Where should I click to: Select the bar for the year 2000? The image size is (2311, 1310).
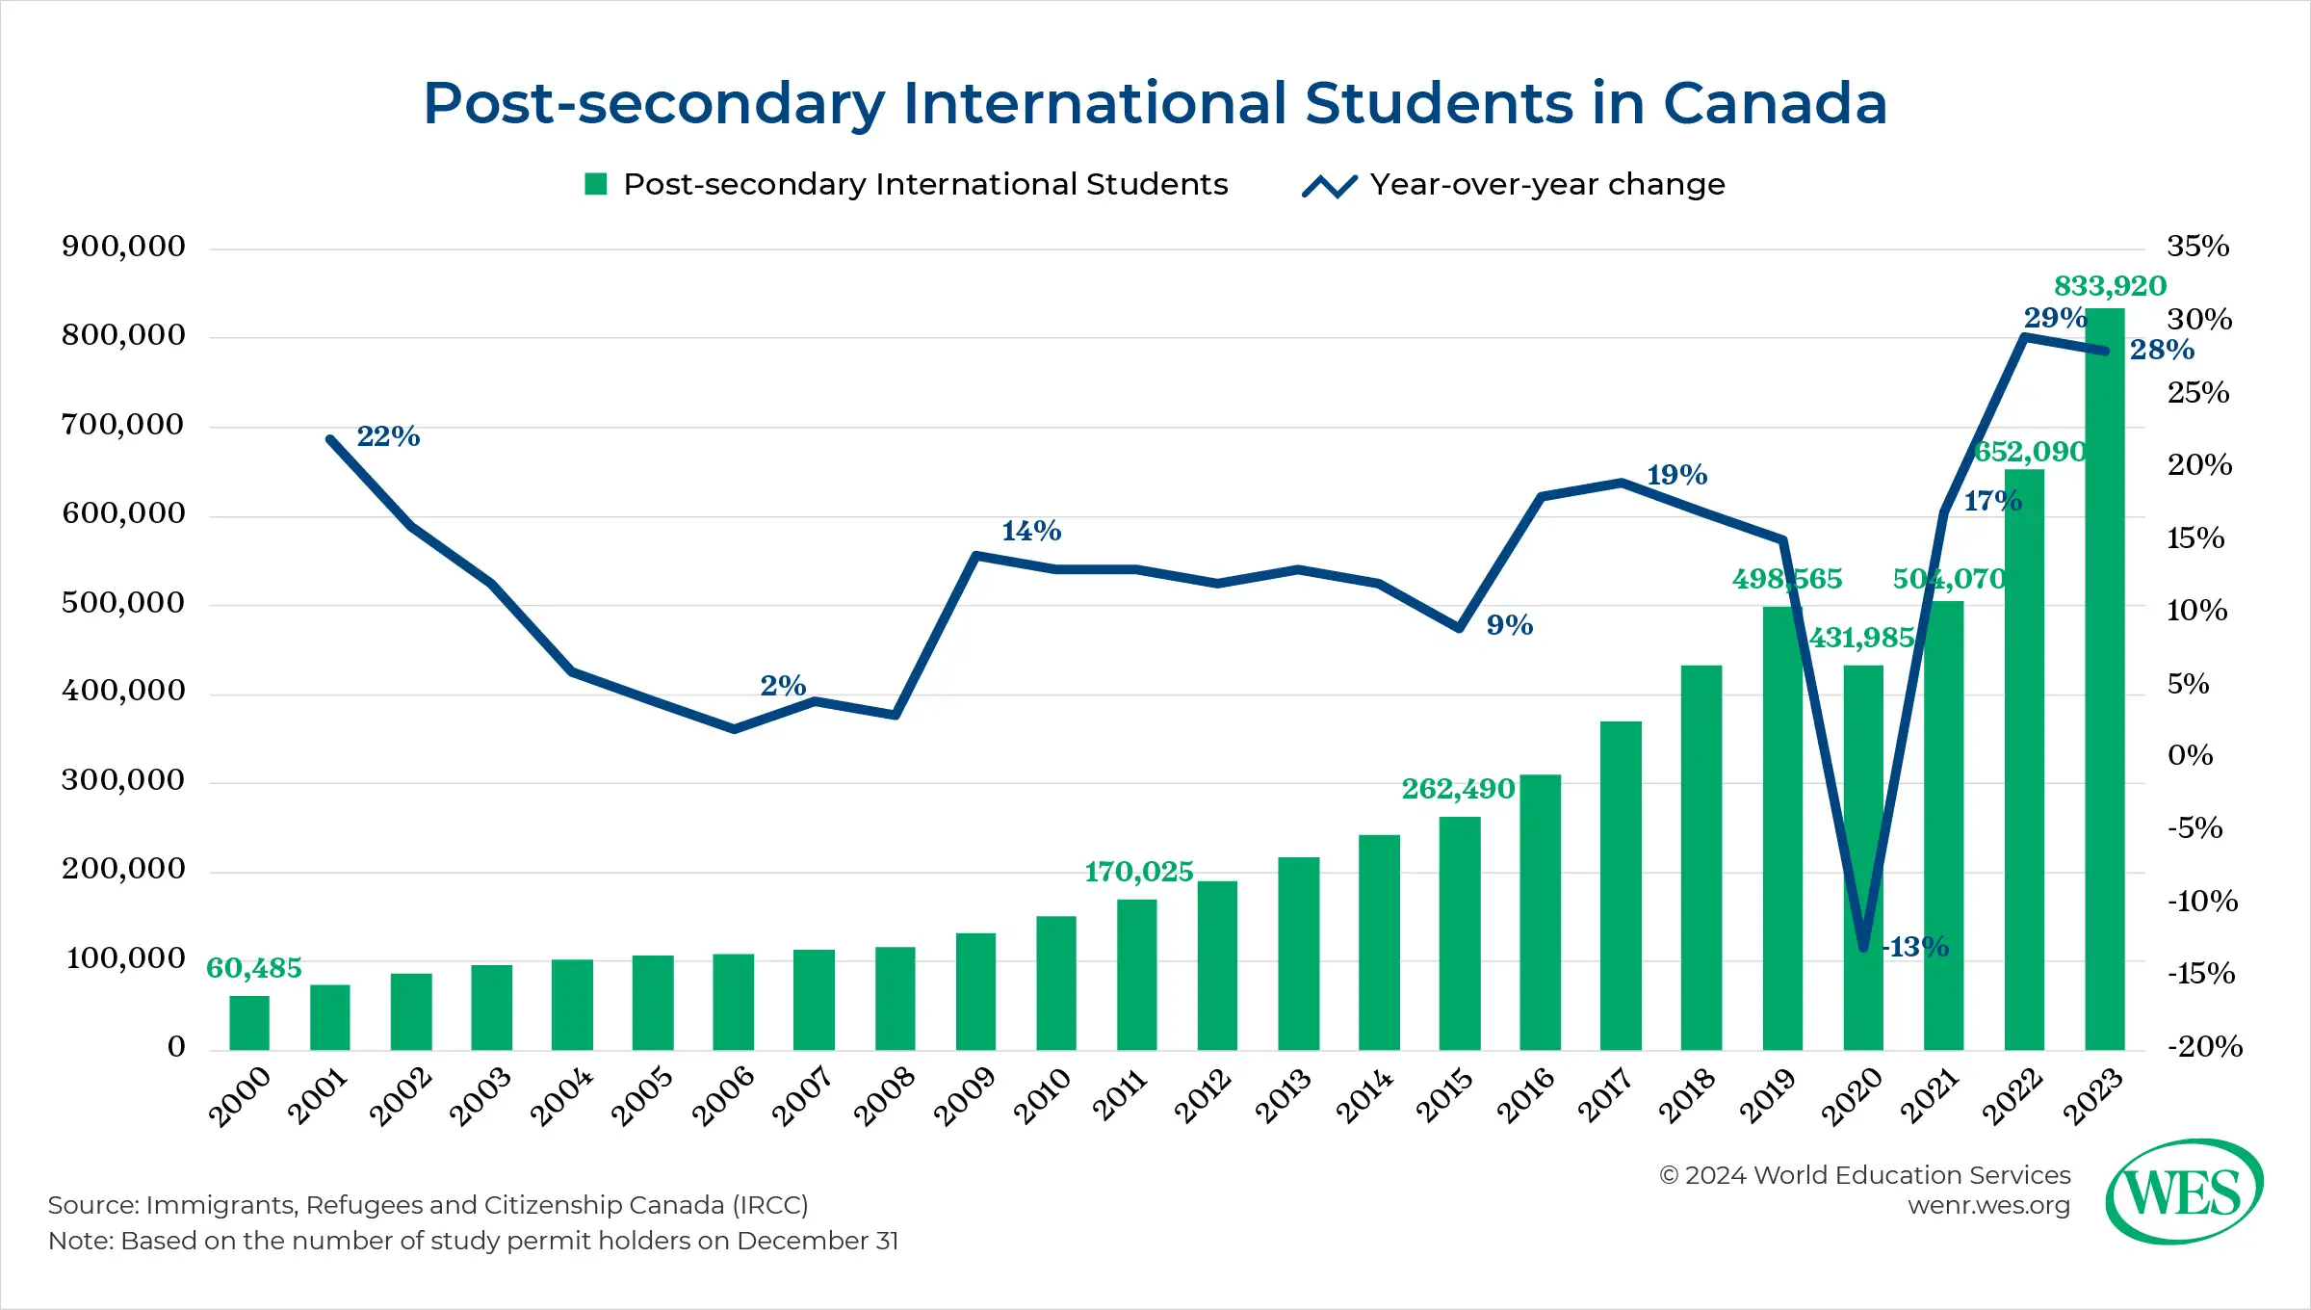coord(249,1023)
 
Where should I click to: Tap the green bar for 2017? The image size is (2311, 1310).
coord(1621,885)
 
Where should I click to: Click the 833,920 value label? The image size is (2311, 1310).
coord(2110,286)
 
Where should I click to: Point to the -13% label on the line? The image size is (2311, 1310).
coord(1916,947)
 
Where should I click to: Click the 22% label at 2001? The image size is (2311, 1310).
coord(388,436)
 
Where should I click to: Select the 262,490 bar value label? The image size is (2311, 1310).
coord(1458,789)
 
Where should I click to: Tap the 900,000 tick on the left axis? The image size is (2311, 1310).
coord(123,247)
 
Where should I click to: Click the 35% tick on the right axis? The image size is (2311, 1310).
coord(2197,247)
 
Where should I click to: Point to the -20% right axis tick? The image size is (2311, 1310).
coord(2204,1046)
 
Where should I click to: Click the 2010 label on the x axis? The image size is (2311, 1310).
coord(1043,1096)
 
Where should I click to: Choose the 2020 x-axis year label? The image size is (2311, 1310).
coord(1851,1096)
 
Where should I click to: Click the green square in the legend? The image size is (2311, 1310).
coord(596,184)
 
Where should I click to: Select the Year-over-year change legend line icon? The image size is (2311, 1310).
coord(1329,185)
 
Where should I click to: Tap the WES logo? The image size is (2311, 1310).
coord(2184,1192)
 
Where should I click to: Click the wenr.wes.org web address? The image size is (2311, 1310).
coord(1988,1205)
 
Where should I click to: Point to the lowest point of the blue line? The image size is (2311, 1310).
coord(1863,948)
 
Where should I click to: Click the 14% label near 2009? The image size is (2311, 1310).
coord(1031,531)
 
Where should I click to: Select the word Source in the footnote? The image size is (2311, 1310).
coord(92,1205)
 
